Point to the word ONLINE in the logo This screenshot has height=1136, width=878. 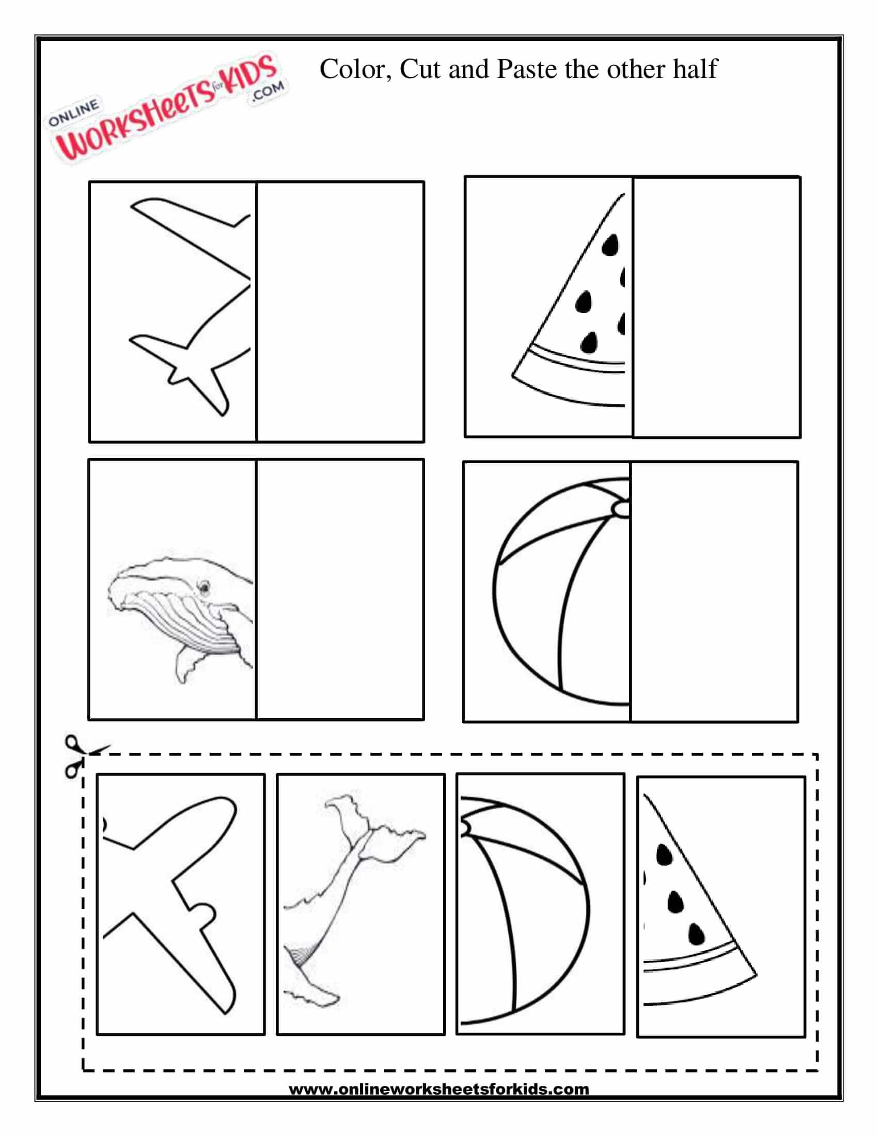(73, 114)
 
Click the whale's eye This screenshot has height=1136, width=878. (204, 587)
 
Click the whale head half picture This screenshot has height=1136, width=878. (181, 614)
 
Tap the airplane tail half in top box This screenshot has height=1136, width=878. (190, 307)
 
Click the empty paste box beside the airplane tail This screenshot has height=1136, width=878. (341, 311)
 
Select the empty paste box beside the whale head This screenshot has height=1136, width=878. (340, 589)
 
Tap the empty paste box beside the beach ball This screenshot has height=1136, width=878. (714, 591)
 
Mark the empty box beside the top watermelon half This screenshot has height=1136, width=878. (717, 307)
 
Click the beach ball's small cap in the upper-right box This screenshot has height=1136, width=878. (620, 508)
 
